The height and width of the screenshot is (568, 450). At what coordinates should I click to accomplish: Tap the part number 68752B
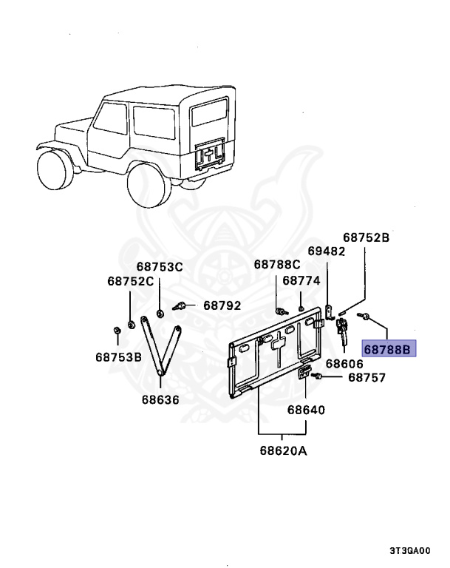point(366,238)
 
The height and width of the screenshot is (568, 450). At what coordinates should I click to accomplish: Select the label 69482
point(327,251)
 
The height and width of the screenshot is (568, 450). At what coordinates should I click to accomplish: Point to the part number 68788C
point(277,264)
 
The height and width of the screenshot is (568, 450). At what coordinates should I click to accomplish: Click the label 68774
point(301,280)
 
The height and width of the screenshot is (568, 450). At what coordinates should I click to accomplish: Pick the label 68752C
point(130,281)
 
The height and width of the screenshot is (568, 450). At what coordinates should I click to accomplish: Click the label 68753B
point(118,356)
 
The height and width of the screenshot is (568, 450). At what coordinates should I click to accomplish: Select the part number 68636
point(161,400)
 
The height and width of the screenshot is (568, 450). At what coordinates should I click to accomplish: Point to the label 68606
point(345,364)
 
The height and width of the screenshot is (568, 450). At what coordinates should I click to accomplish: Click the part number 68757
point(367,377)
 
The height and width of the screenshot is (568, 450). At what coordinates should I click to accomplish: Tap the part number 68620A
point(283,450)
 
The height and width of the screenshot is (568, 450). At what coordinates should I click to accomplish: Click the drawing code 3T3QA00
point(410,551)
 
